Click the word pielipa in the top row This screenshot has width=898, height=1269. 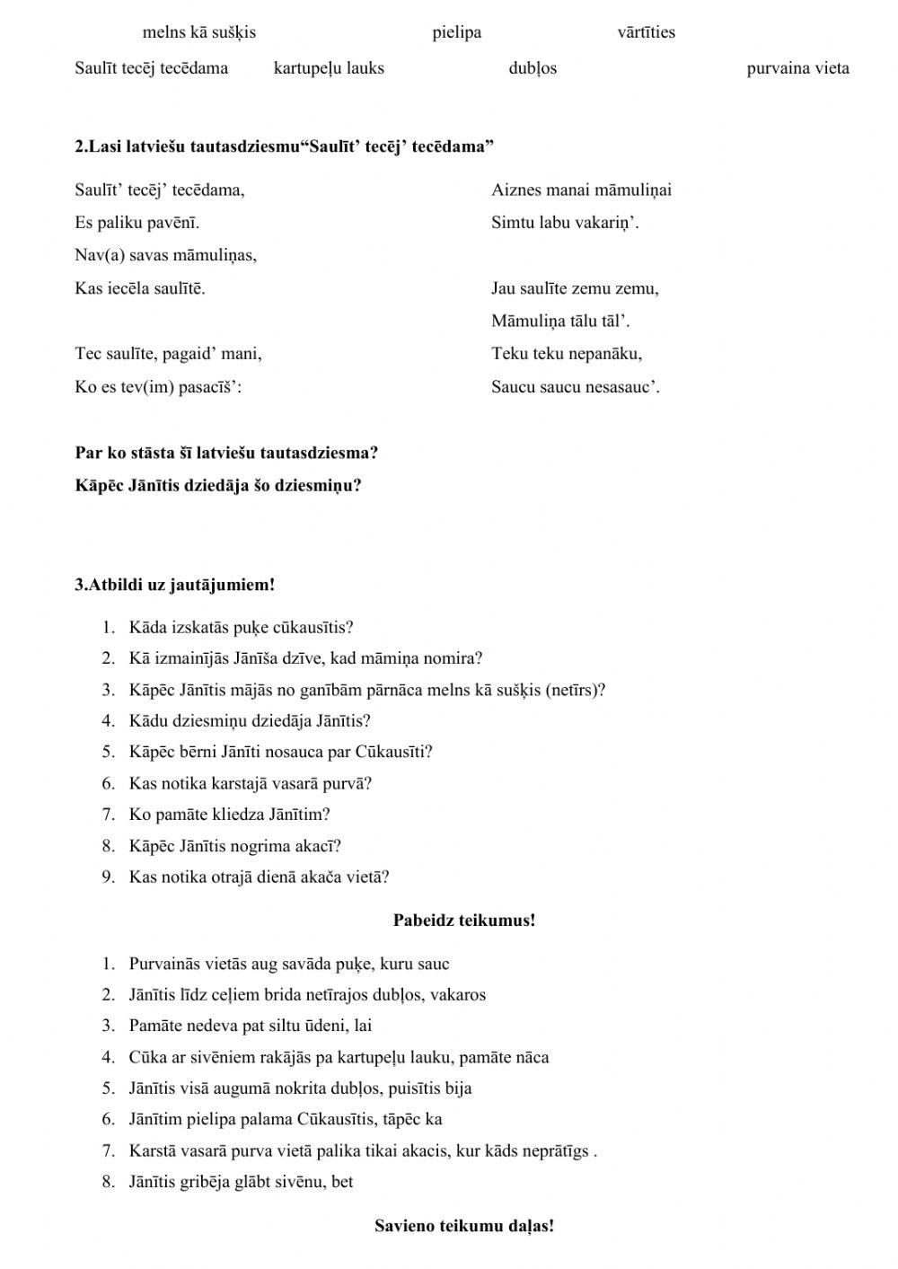[456, 32]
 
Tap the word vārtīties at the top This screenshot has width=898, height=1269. [646, 32]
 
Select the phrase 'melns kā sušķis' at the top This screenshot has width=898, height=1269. [198, 32]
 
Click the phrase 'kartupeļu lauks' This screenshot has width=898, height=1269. [329, 68]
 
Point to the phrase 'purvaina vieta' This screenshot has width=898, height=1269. [797, 68]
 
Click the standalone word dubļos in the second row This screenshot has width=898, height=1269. [533, 68]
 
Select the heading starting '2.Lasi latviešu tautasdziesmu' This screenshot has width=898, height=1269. [284, 146]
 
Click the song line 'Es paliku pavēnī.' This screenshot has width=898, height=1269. [136, 223]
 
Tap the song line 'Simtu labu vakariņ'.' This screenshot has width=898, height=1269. [565, 223]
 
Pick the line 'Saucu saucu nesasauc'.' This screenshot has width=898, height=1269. [575, 387]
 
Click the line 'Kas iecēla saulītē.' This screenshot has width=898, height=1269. [139, 288]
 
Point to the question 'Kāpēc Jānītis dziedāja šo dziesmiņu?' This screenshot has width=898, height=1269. [218, 486]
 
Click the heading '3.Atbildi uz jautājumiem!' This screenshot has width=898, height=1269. [174, 585]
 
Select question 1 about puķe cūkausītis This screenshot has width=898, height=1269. [241, 627]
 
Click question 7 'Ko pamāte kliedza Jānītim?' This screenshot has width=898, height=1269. [229, 815]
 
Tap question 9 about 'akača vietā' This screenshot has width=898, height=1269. [259, 877]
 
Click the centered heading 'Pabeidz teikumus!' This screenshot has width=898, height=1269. [463, 920]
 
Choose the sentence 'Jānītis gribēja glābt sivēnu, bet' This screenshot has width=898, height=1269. [241, 1181]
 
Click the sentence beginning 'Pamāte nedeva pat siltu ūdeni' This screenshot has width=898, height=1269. [250, 1026]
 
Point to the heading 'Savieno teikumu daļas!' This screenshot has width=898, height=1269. [463, 1226]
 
